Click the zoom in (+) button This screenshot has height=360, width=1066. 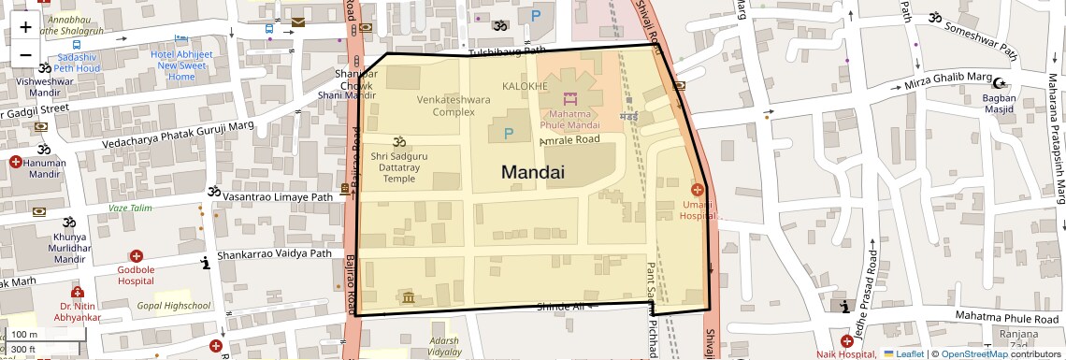[25, 26]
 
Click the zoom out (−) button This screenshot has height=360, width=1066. [25, 54]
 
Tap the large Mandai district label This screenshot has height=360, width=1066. [533, 172]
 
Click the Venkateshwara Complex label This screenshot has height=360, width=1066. [454, 105]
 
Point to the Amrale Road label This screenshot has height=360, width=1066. [569, 140]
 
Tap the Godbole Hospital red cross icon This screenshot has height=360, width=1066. [137, 255]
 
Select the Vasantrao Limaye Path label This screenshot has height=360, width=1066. [278, 197]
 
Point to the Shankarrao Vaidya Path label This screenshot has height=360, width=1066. [274, 253]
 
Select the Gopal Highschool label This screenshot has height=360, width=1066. [174, 306]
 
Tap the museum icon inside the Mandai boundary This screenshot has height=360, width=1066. [409, 297]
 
